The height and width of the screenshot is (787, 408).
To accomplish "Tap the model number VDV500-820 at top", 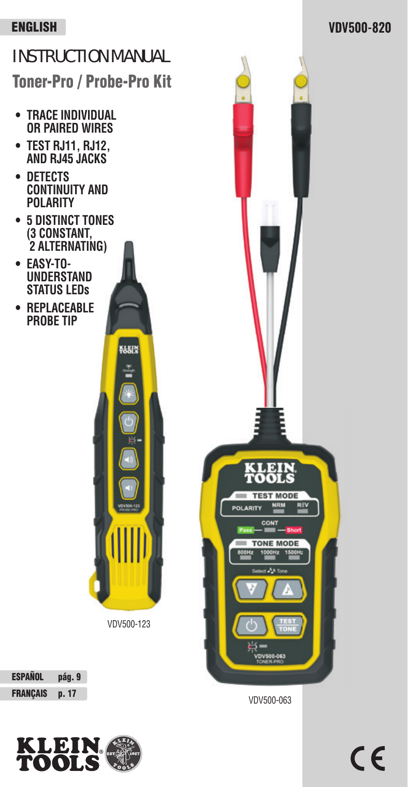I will pyautogui.click(x=360, y=27).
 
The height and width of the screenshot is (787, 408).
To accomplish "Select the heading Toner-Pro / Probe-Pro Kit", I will pyautogui.click(x=92, y=82).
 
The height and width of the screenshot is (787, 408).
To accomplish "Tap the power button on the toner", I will pyautogui.click(x=251, y=626).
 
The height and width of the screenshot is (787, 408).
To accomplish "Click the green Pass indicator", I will pyautogui.click(x=245, y=530).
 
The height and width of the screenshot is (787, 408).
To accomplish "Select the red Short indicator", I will pyautogui.click(x=294, y=530).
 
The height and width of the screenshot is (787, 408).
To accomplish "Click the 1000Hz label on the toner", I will pyautogui.click(x=269, y=553).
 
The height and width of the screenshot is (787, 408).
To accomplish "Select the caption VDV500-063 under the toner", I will pyautogui.click(x=270, y=700).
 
